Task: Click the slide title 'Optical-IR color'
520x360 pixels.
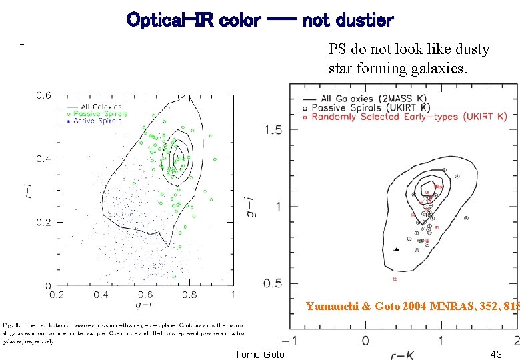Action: [193, 20]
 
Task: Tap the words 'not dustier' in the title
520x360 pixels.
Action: [348, 20]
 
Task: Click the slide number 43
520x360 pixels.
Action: [495, 355]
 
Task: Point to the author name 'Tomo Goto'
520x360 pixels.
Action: [259, 355]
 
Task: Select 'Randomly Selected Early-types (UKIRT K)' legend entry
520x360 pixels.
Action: [413, 117]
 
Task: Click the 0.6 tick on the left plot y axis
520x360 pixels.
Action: [43, 95]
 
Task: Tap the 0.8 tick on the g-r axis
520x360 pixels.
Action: [189, 294]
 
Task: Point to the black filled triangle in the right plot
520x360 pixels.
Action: [396, 249]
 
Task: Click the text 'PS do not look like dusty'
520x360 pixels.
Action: [409, 49]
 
